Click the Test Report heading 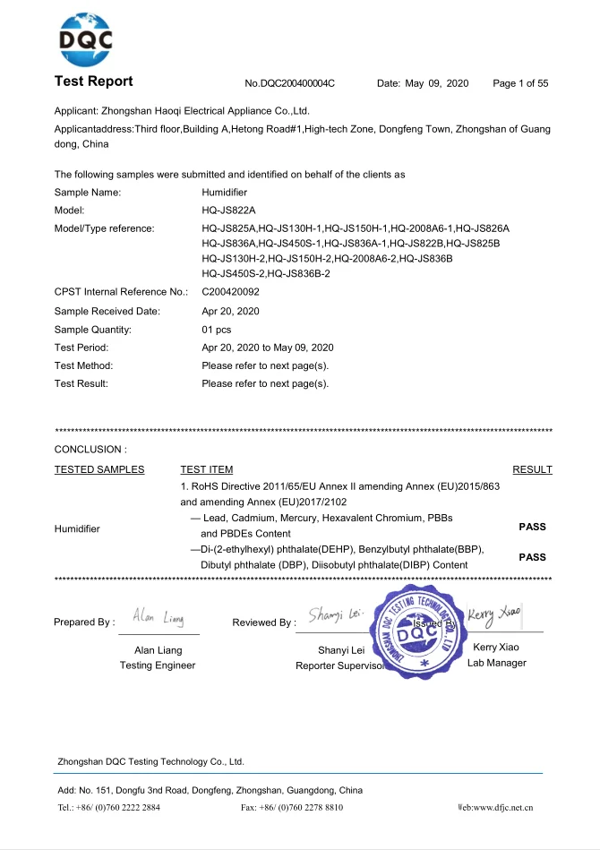tap(93, 82)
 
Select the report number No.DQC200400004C tap(289, 83)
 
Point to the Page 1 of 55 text tap(520, 83)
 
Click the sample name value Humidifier tap(225, 193)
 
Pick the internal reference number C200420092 tap(232, 292)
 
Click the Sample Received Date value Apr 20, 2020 tap(230, 311)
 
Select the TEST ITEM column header tap(206, 469)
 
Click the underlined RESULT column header tap(532, 469)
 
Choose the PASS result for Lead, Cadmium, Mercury tap(532, 527)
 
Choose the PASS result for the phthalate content tap(532, 557)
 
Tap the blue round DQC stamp tap(417, 631)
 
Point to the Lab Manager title tap(496, 663)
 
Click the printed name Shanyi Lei tap(340, 649)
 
